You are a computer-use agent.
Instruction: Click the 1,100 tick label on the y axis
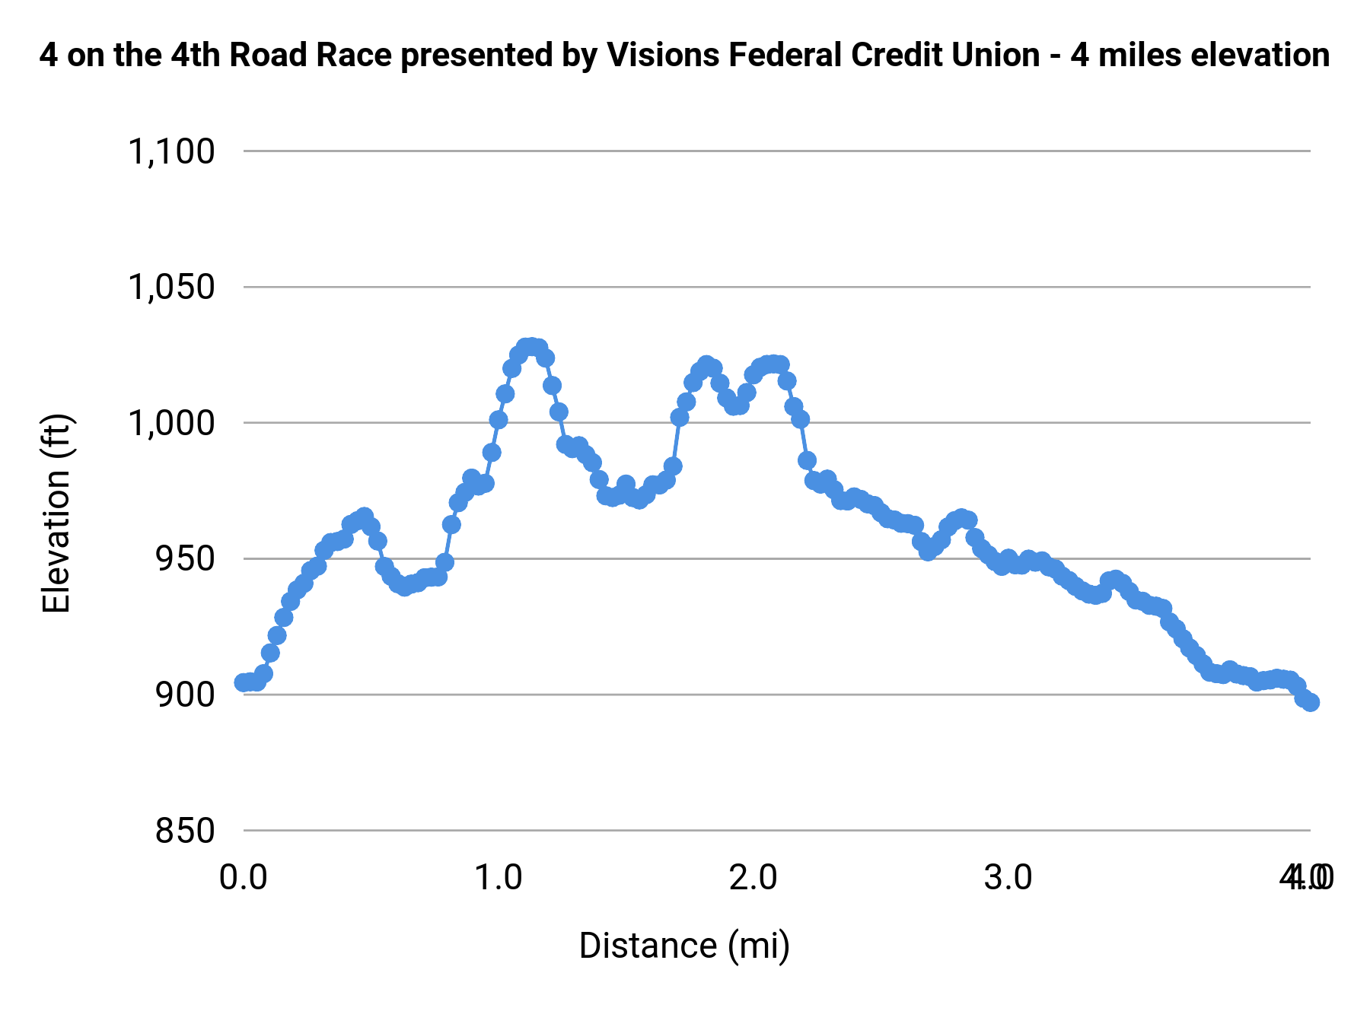pos(171,151)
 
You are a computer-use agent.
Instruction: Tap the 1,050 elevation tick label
pos(171,288)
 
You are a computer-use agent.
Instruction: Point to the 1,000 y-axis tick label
pos(171,423)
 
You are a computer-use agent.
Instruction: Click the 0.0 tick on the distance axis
pos(244,877)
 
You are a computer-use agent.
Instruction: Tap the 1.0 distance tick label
pos(499,877)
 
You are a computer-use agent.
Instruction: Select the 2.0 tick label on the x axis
pos(753,877)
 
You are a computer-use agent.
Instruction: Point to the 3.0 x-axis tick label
pos(1008,877)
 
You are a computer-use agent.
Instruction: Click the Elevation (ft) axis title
pos(56,513)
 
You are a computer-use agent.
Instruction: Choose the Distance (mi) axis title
pos(684,946)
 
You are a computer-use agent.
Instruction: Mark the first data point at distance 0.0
pos(244,682)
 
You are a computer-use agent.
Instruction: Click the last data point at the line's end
pos(1311,702)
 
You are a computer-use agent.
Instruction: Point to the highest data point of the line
pos(528,347)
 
